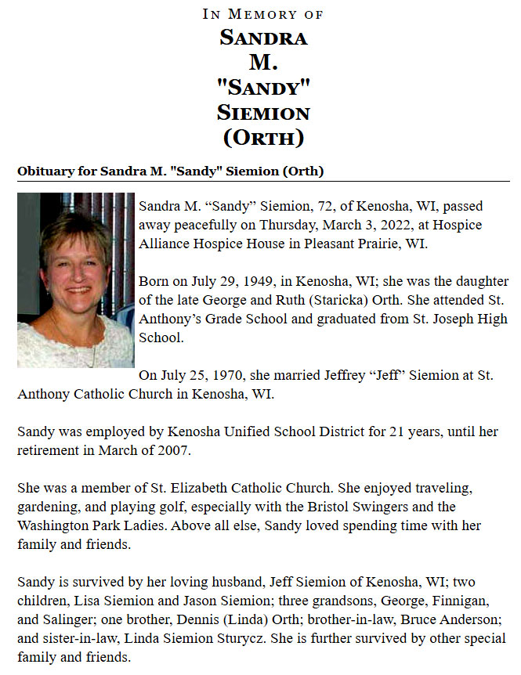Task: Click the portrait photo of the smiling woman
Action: pos(76,280)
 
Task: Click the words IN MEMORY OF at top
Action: pos(262,14)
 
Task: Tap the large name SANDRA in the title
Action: pos(262,37)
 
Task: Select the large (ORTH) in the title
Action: pos(262,138)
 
